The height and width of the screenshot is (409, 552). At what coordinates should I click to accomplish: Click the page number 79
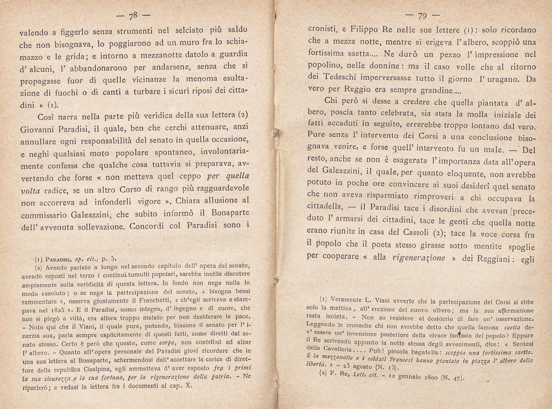[423, 16]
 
